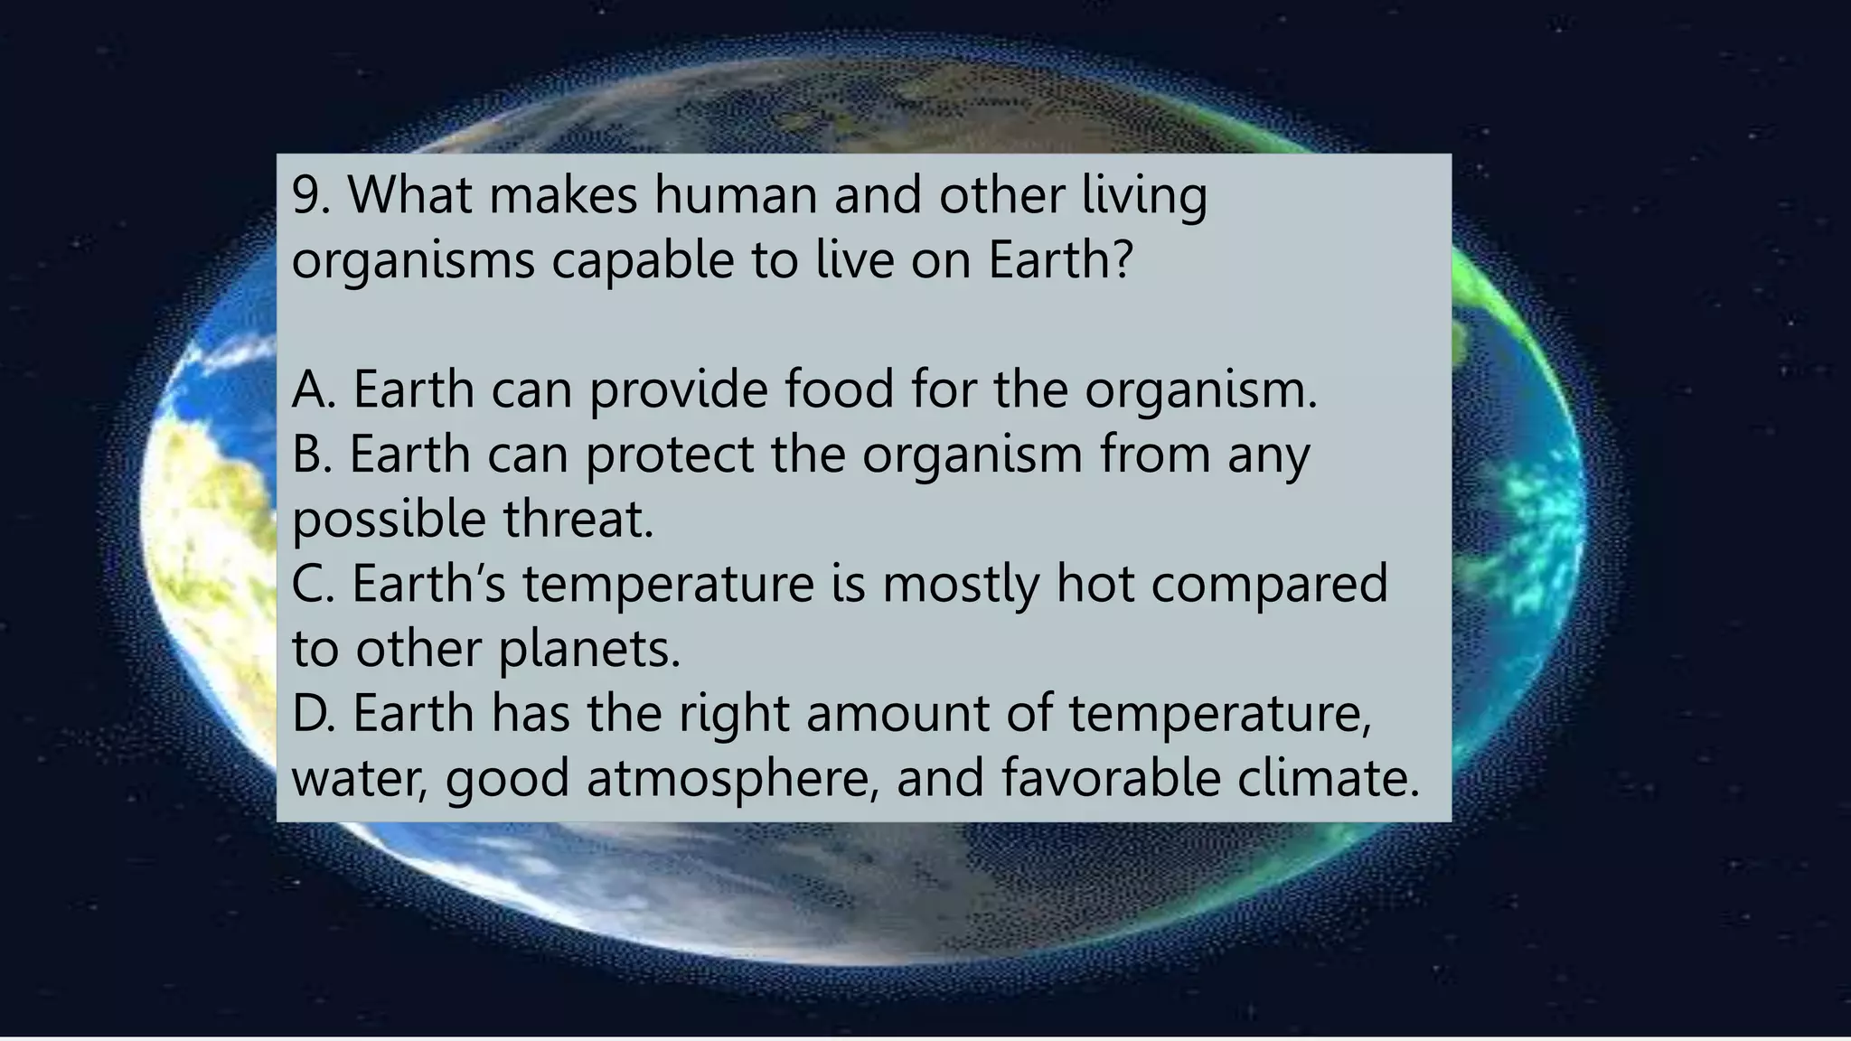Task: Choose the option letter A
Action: point(309,389)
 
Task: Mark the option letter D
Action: point(309,713)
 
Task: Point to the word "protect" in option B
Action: point(670,455)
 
